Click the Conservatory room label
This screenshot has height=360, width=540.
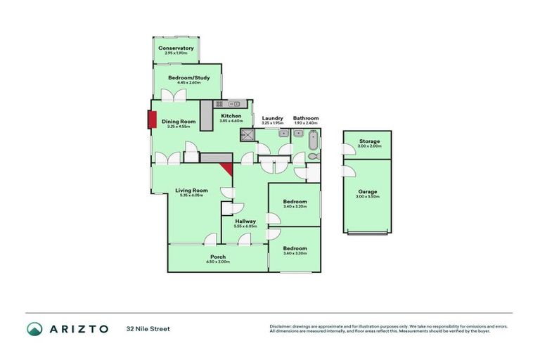[176, 48]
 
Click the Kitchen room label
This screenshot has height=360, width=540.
[231, 116]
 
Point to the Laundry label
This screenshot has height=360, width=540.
[272, 118]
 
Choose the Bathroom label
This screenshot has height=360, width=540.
[306, 118]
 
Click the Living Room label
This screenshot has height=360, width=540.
[191, 190]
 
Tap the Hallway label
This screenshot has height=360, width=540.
[245, 221]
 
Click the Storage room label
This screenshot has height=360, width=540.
[370, 141]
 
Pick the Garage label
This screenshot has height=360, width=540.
[368, 191]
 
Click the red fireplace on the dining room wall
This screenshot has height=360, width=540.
[152, 120]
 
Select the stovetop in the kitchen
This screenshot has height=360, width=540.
[219, 104]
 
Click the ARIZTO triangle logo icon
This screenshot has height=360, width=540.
[34, 328]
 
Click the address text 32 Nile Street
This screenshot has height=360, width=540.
[148, 328]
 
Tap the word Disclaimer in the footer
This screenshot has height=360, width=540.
[281, 326]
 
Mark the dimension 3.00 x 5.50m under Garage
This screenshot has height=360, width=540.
[368, 197]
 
